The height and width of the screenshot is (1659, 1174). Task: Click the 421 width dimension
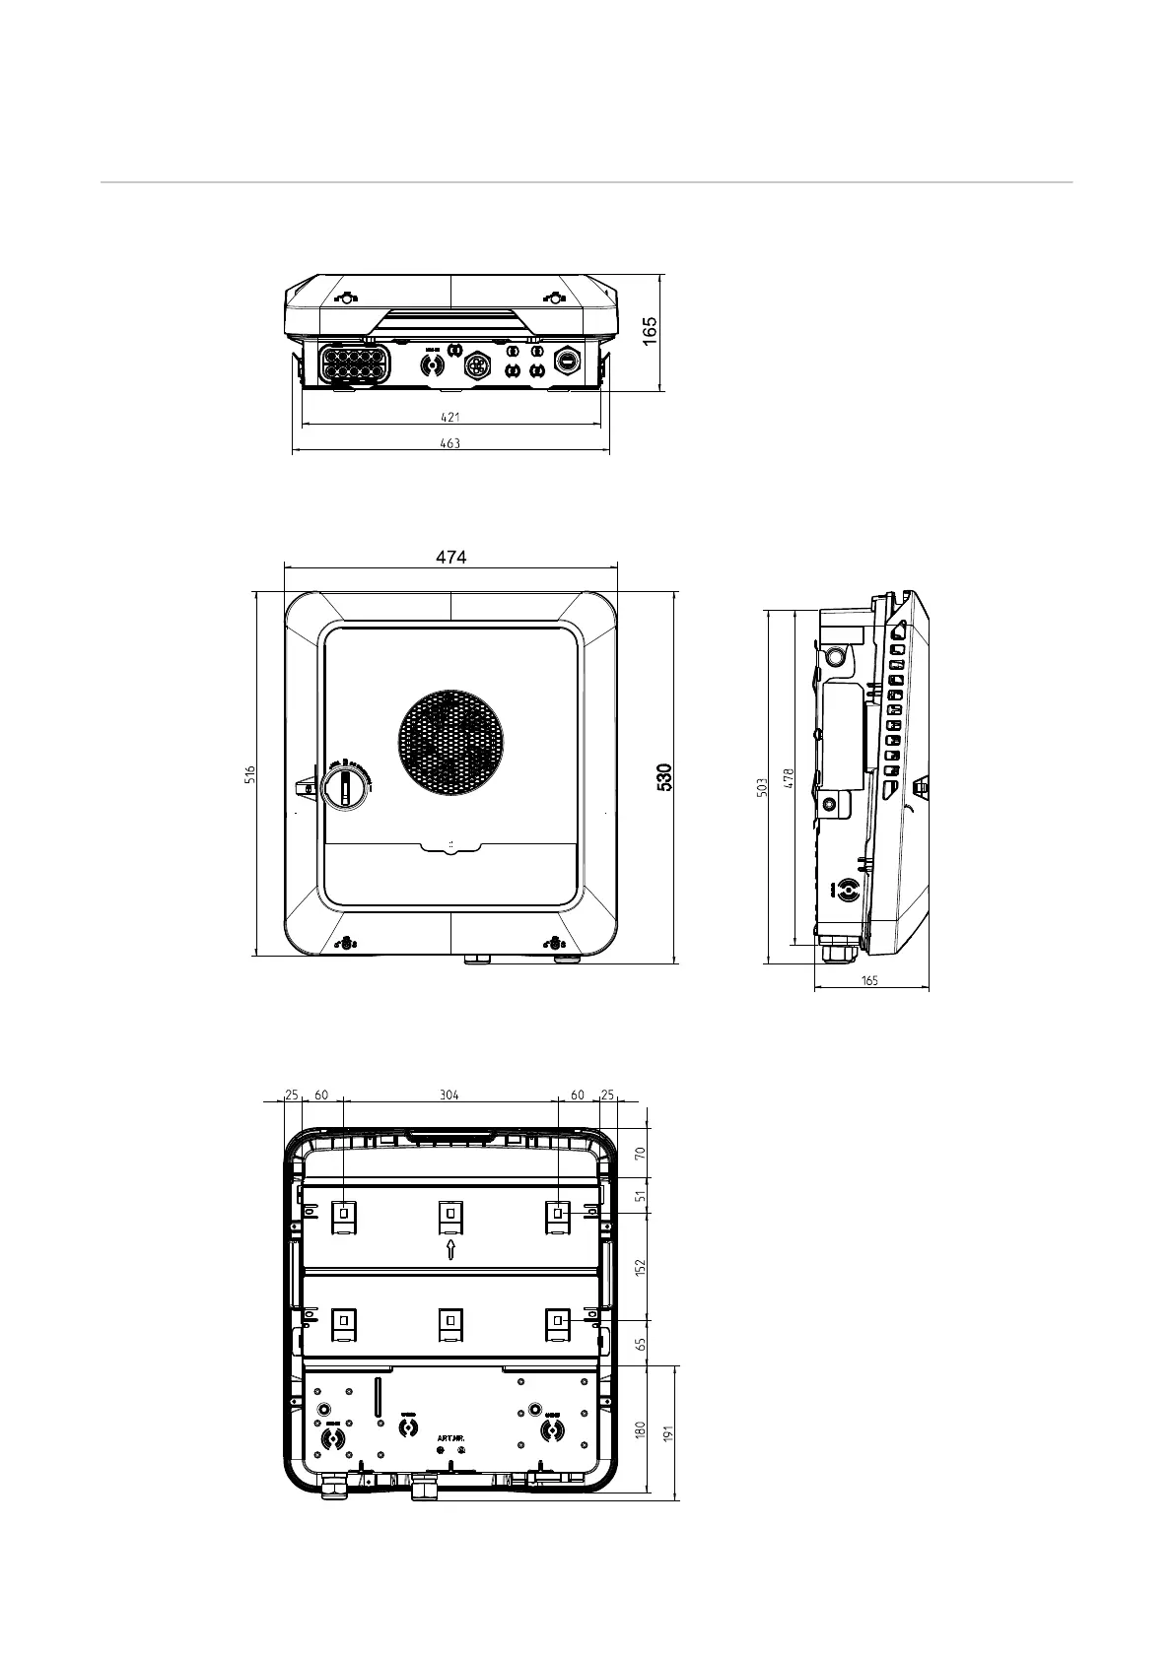click(449, 417)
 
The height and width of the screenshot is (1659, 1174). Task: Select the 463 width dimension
click(449, 443)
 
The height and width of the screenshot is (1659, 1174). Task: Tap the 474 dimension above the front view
click(450, 557)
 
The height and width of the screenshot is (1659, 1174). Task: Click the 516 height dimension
click(250, 775)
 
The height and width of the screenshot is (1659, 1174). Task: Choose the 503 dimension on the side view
click(762, 788)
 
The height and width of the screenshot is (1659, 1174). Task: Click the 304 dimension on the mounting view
click(449, 1095)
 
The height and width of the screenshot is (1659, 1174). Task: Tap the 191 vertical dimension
click(668, 1434)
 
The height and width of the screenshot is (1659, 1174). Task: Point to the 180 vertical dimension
click(640, 1430)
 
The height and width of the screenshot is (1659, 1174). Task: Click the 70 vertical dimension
click(640, 1153)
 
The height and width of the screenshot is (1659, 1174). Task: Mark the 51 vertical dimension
click(640, 1196)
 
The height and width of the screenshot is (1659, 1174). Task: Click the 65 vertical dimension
click(640, 1343)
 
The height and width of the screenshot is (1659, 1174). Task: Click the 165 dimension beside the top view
click(652, 332)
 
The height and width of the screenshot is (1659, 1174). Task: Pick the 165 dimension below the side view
click(869, 980)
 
